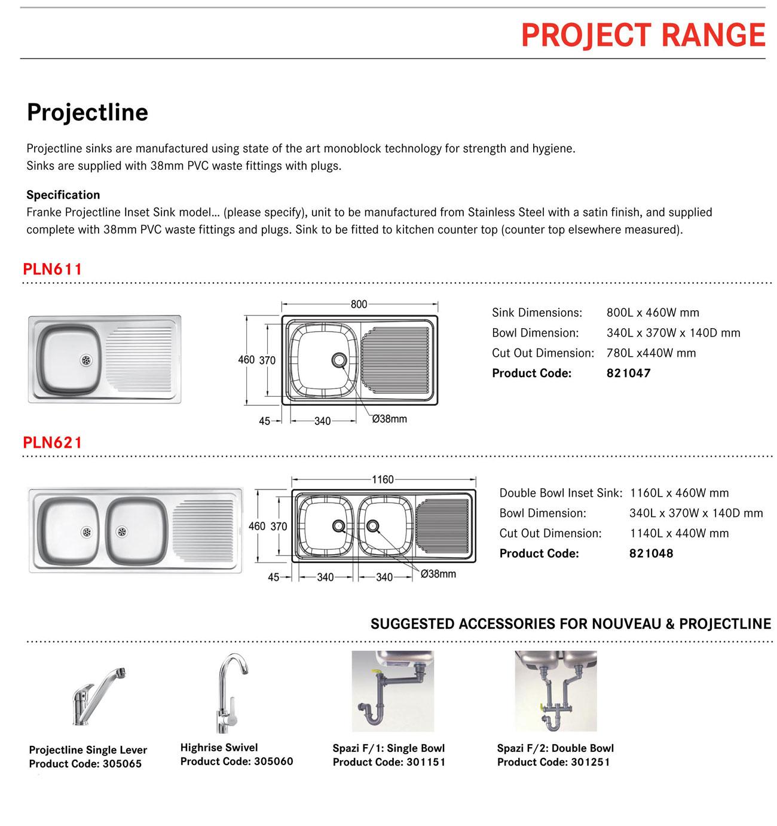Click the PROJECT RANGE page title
click(x=643, y=35)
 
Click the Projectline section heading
click(x=87, y=112)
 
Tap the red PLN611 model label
click(x=53, y=269)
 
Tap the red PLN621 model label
click(x=53, y=442)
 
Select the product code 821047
click(x=628, y=373)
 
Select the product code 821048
click(x=651, y=553)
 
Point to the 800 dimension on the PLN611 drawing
click(x=359, y=304)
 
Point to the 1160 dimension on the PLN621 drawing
click(x=383, y=479)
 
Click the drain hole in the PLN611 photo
click(x=87, y=360)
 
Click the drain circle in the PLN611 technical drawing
click(x=339, y=360)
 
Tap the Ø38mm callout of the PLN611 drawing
click(x=389, y=419)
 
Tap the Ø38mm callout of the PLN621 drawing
click(x=438, y=574)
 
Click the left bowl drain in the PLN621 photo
click(x=87, y=531)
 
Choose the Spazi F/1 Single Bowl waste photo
click(x=393, y=691)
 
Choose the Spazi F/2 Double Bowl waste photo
click(x=556, y=691)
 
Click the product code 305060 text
click(x=273, y=761)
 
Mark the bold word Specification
click(x=63, y=195)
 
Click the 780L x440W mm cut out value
click(x=651, y=353)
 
